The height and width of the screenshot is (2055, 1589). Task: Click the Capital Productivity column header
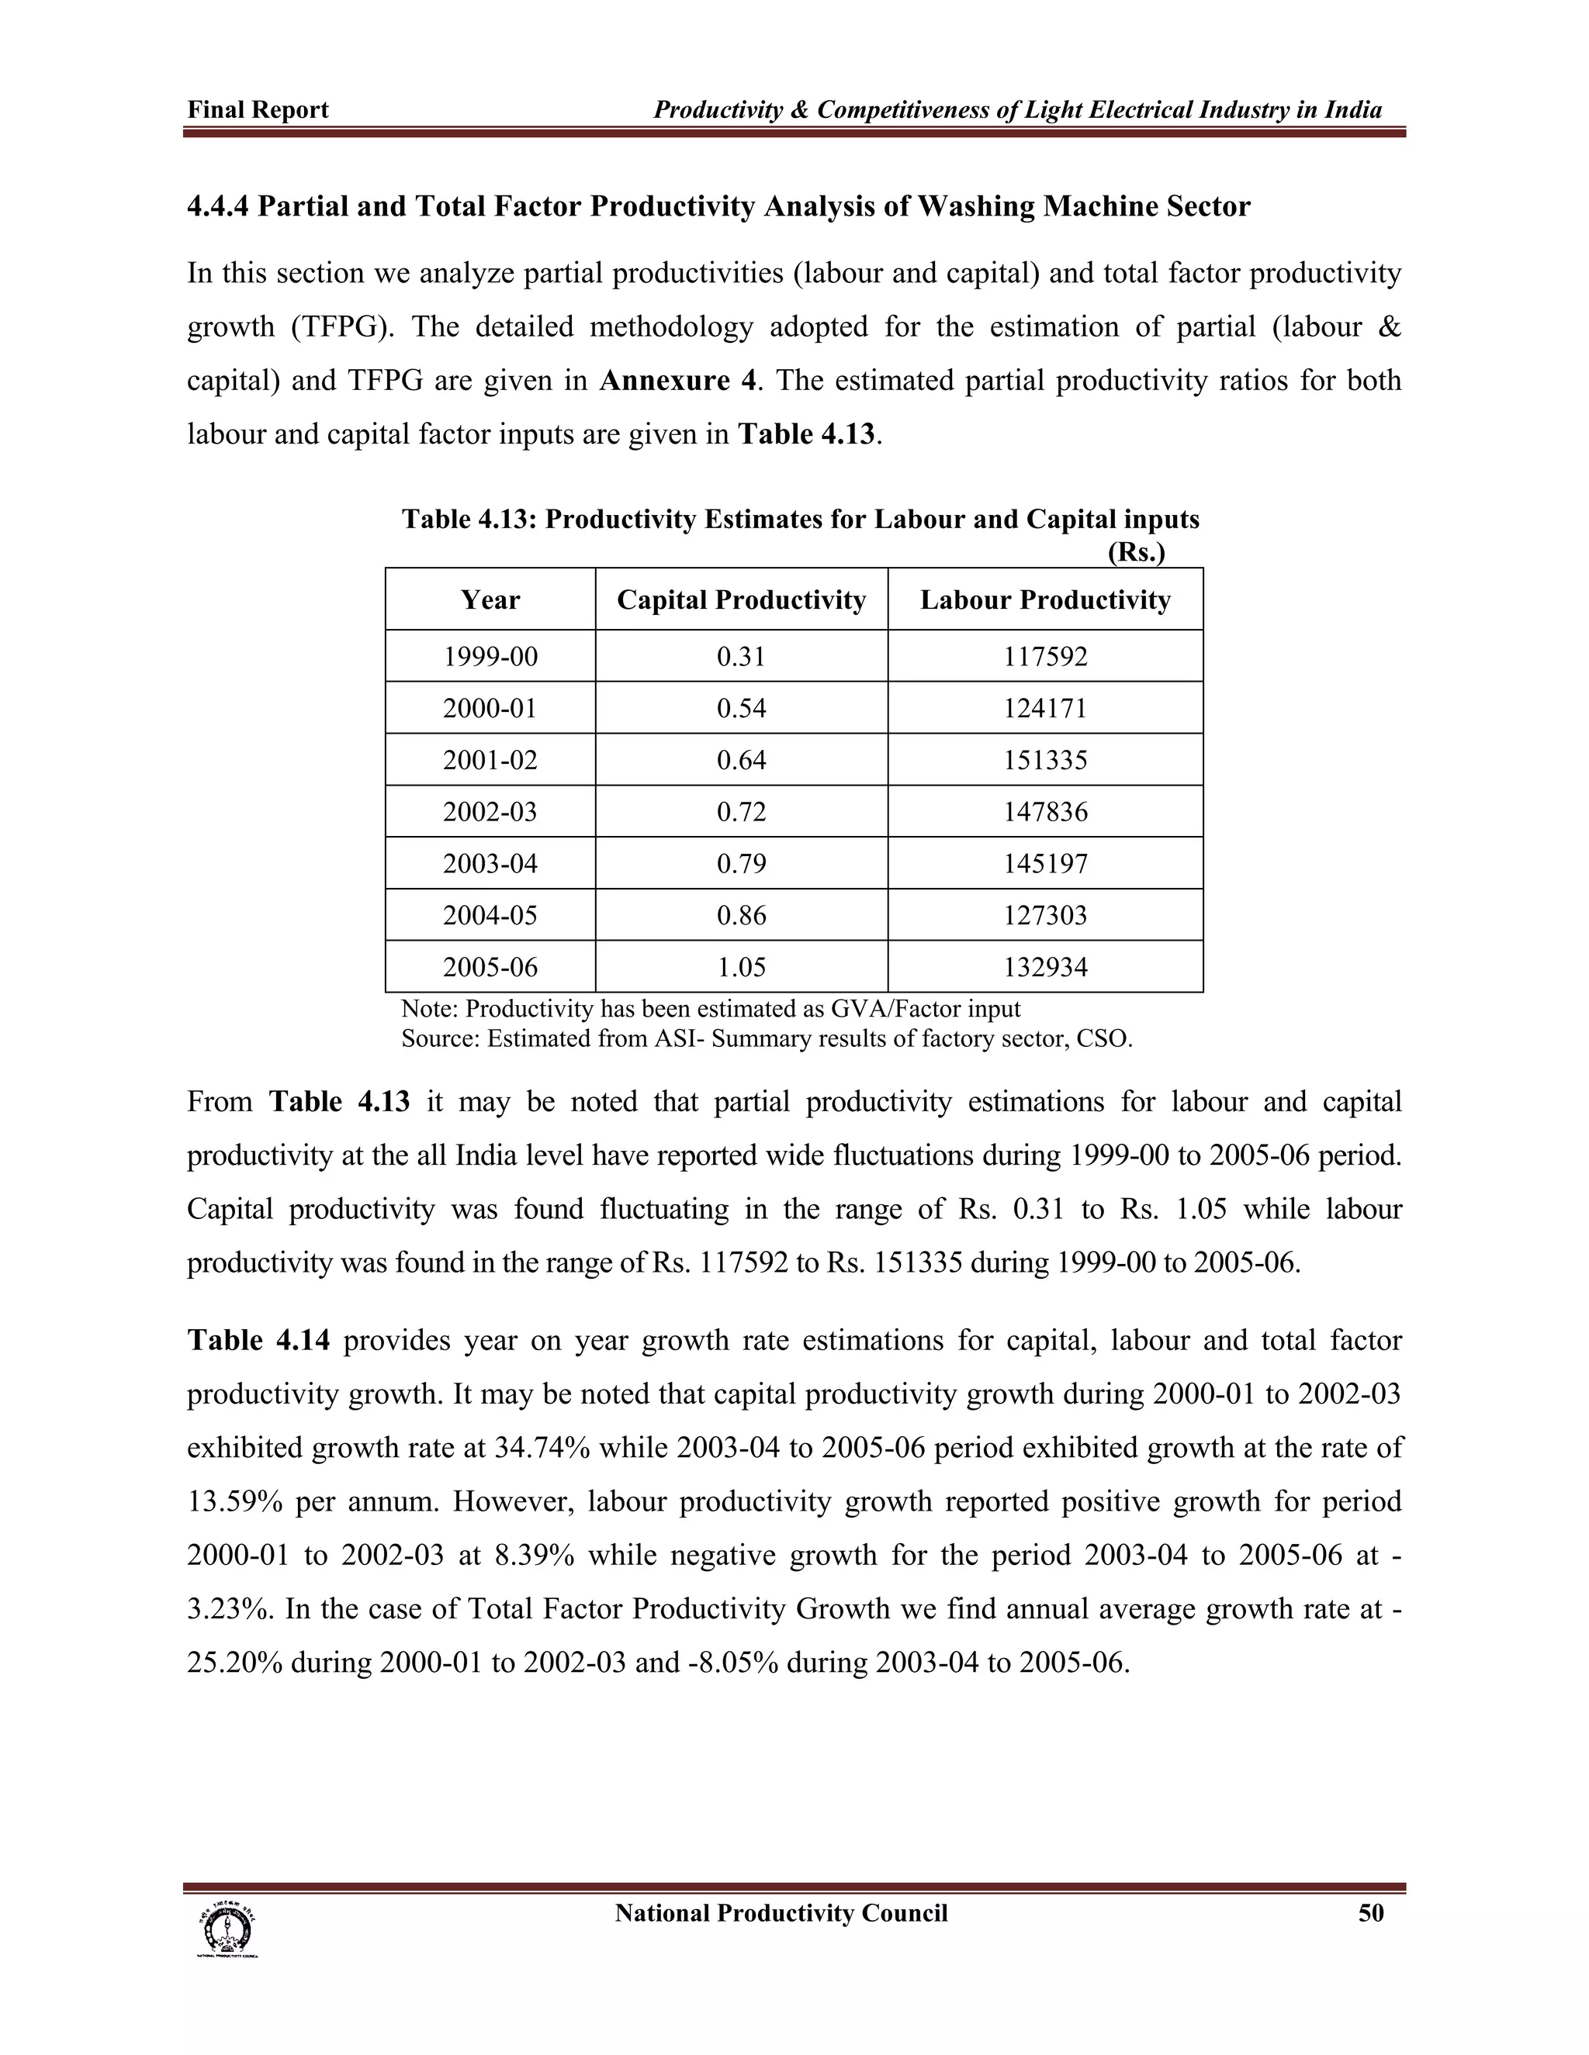pos(741,600)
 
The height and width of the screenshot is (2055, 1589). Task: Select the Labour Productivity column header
pos(1045,600)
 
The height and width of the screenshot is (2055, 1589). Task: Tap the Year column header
pos(490,600)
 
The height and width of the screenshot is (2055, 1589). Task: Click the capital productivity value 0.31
pos(741,656)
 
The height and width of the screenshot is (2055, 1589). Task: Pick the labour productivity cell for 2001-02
pos(1045,759)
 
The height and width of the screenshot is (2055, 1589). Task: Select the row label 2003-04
pos(490,863)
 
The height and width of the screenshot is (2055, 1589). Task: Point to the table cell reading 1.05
pos(741,966)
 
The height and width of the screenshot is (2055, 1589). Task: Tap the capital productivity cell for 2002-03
pos(741,811)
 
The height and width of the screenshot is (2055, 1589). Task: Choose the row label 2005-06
pos(490,966)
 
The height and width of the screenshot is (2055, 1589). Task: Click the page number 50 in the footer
pos(1371,1913)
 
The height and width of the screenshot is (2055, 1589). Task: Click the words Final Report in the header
pos(258,110)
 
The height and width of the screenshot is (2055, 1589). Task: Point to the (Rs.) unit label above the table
pos(1136,552)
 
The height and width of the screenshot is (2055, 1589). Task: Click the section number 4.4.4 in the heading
pos(217,206)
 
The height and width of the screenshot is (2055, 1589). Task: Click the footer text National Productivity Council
pos(781,1913)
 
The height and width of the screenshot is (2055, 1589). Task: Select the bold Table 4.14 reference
pos(258,1340)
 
